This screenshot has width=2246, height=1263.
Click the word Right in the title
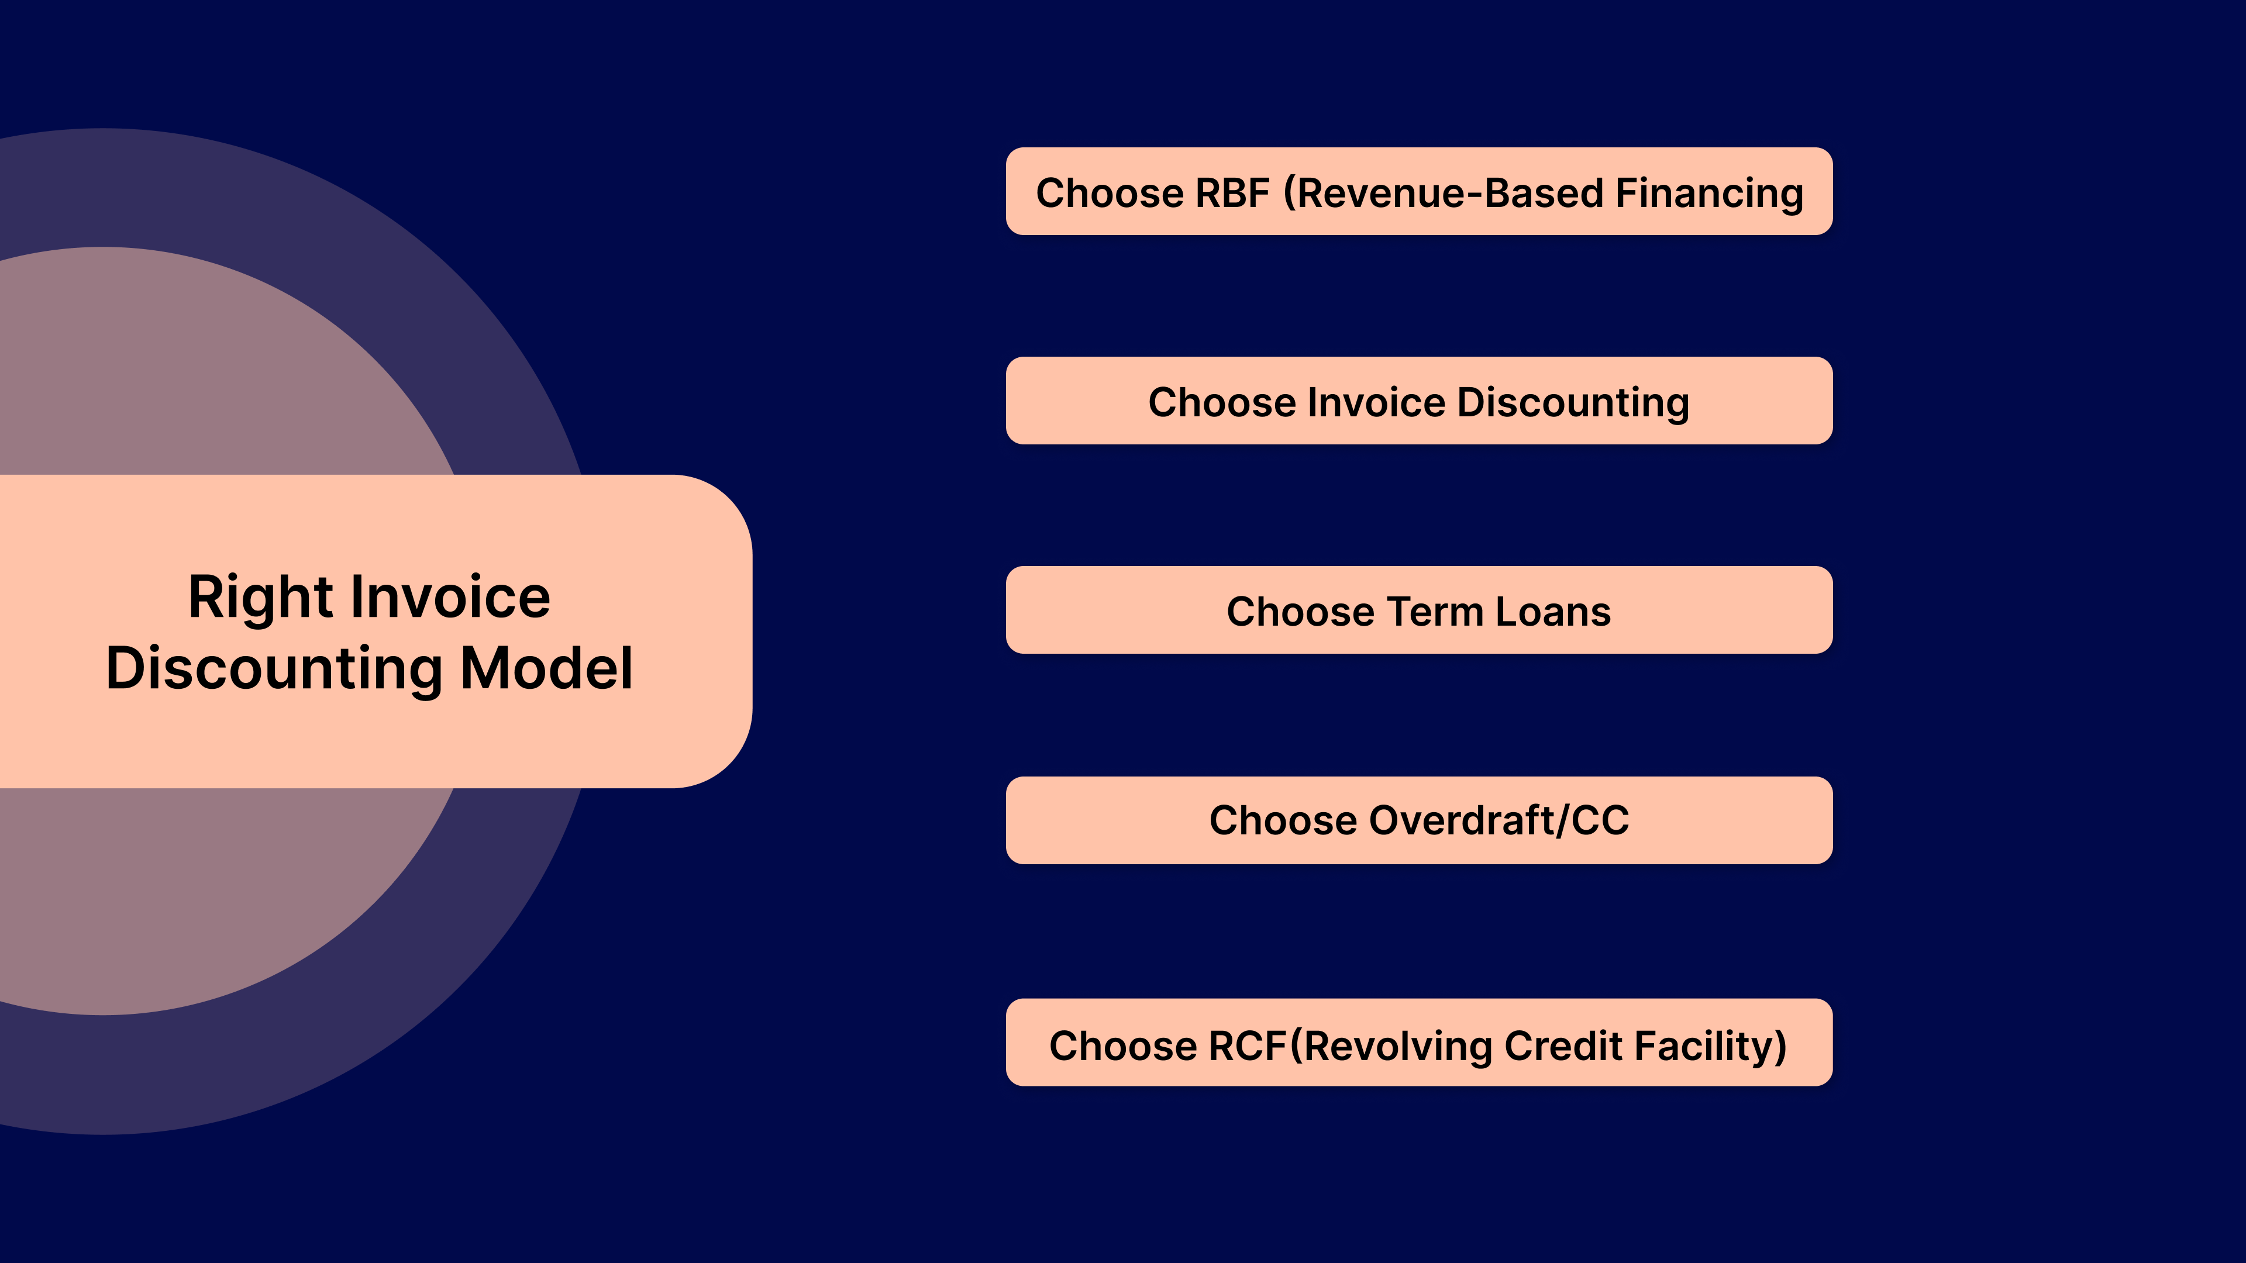pos(260,598)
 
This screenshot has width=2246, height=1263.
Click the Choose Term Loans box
pos(1418,610)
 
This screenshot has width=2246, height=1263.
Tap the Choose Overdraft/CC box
pos(1418,820)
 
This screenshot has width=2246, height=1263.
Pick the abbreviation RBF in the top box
pos(1232,192)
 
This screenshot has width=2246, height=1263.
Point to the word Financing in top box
pos(1709,192)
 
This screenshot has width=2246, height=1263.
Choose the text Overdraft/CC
pos(1499,820)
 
